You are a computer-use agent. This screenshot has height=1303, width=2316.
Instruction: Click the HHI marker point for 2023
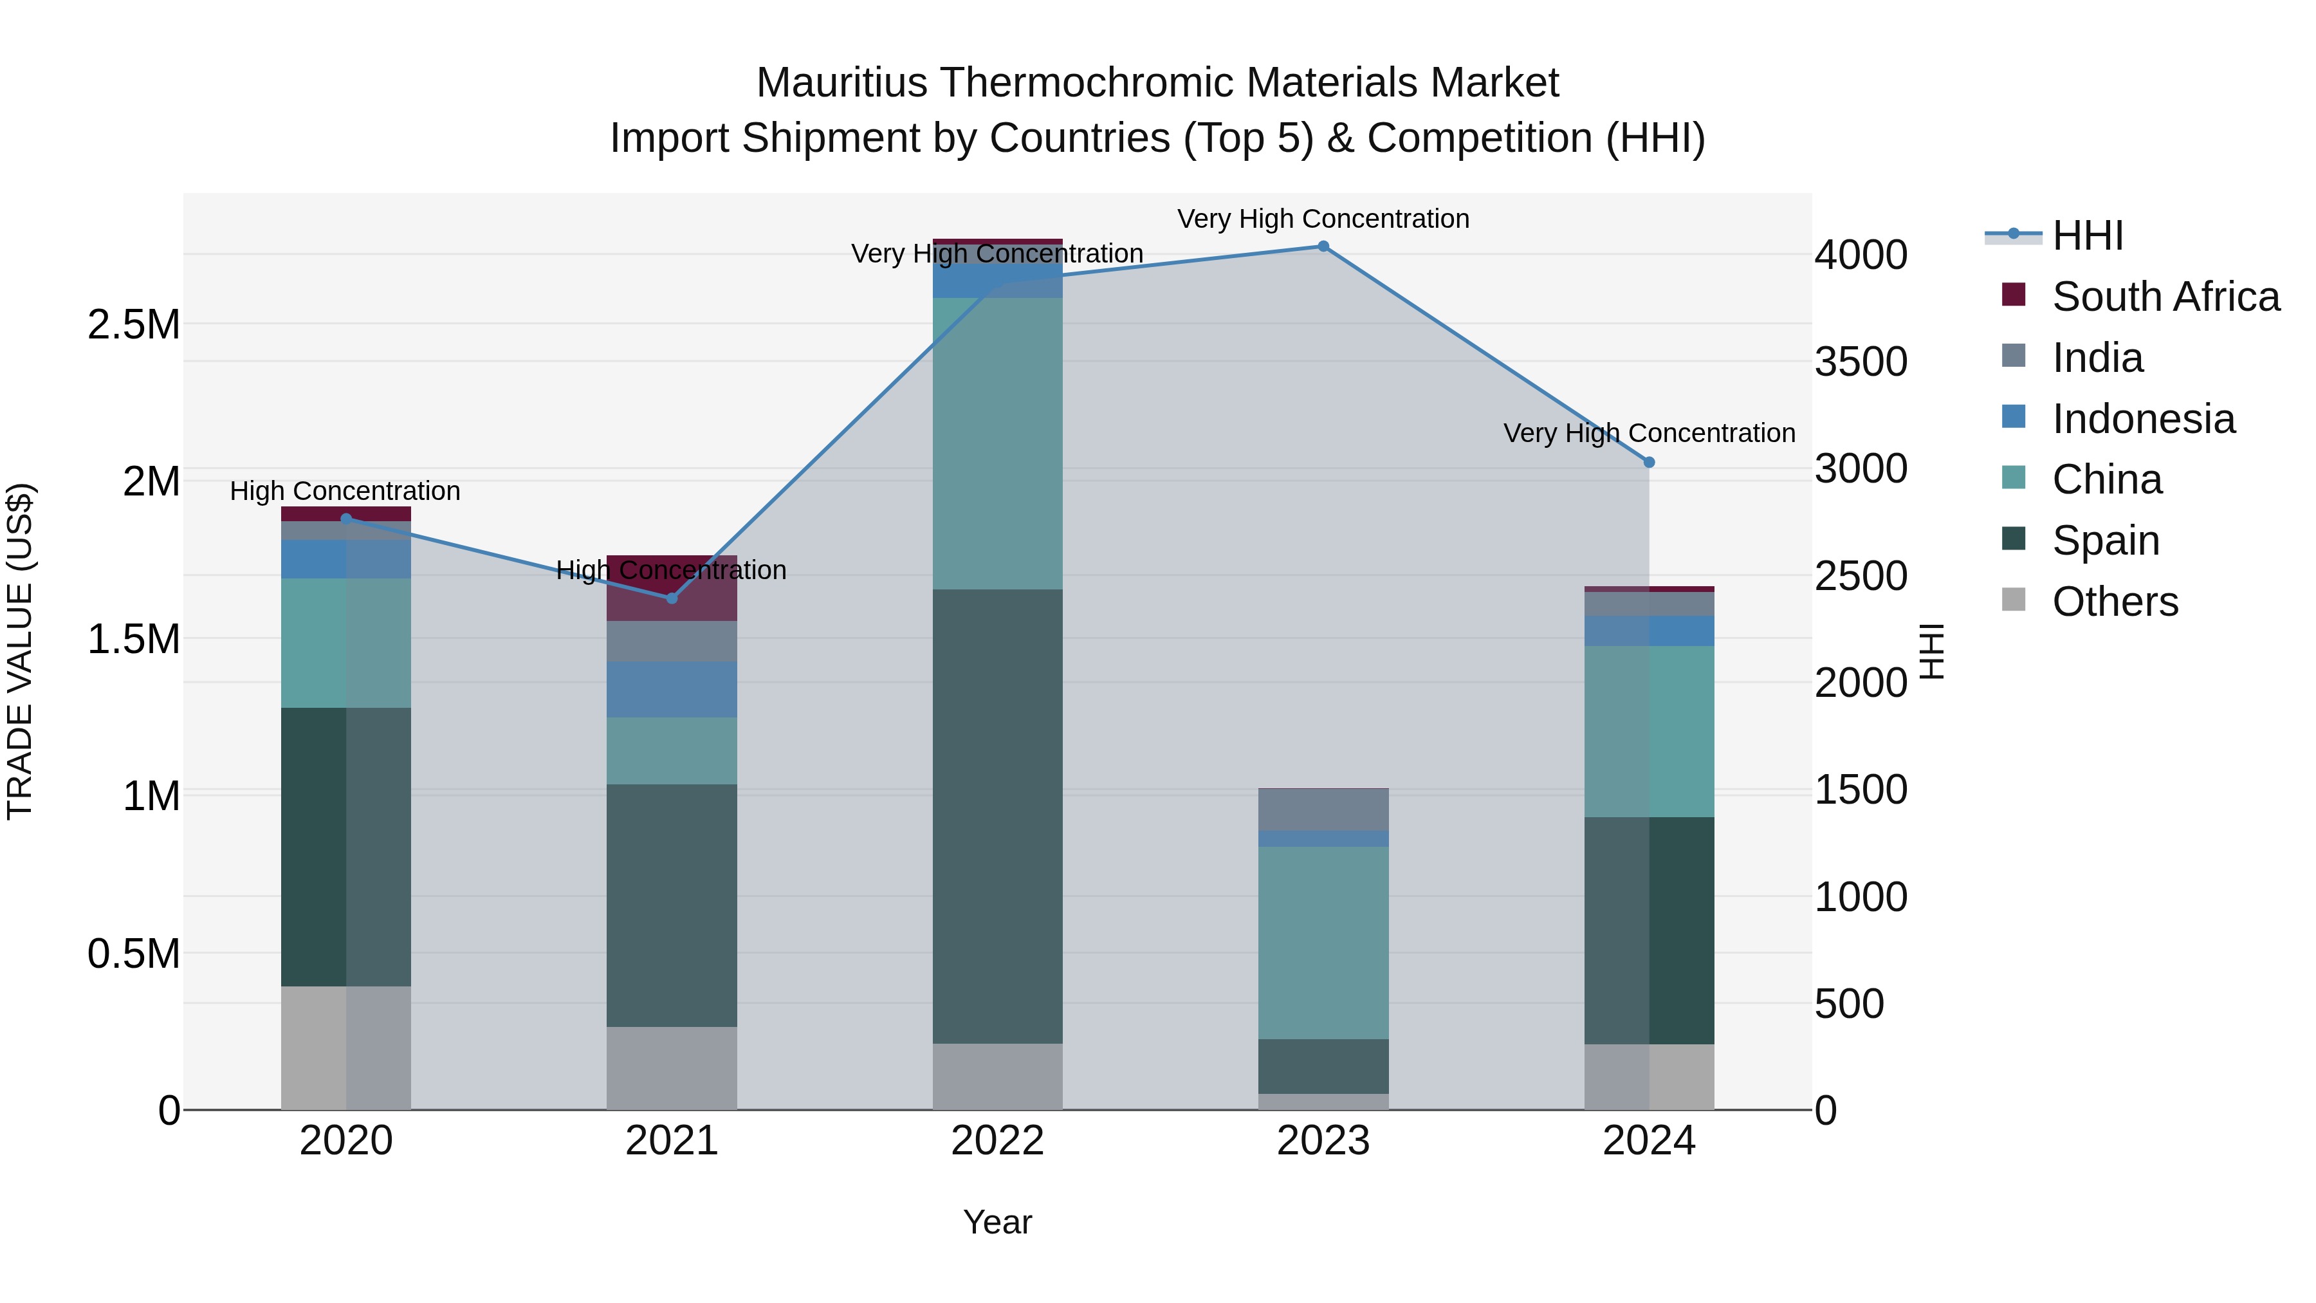pos(1323,246)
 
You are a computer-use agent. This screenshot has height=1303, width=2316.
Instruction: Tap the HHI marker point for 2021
pos(672,598)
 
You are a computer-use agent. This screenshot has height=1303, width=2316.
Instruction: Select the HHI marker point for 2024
pos(1649,462)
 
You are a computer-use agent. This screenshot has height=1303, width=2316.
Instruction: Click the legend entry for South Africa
pos(2165,297)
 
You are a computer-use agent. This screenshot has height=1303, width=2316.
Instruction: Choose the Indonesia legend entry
pos(2142,419)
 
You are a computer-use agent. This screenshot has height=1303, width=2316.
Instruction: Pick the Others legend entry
pos(2115,602)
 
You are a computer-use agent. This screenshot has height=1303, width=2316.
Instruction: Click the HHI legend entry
pos(2087,236)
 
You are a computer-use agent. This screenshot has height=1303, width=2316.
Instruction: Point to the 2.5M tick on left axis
pos(133,325)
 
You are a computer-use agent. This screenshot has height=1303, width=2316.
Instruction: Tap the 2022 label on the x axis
pos(997,1141)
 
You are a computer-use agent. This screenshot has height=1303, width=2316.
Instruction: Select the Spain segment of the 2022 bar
pos(997,816)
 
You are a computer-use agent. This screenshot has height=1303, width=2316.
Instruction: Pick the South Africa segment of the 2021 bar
pos(672,588)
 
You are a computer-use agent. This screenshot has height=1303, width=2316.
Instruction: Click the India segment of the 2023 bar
pos(1323,809)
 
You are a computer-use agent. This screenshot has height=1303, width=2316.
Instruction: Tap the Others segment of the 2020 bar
pos(346,1048)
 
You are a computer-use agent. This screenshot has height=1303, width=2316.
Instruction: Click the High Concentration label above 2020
pos(345,491)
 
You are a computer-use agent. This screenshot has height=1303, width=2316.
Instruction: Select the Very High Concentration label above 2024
pos(1649,434)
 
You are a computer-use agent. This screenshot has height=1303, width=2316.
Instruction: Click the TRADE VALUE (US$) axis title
pos(20,651)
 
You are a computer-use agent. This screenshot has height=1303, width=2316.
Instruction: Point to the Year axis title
pos(997,1222)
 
